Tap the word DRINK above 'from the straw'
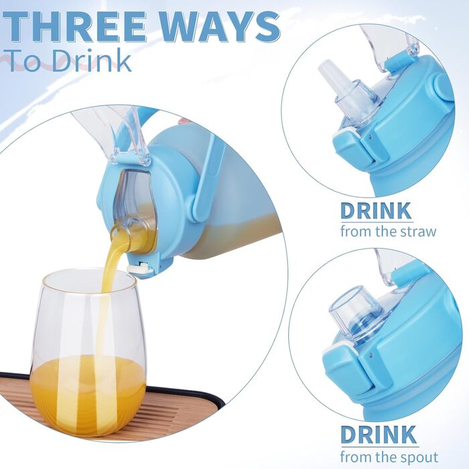coord(376,211)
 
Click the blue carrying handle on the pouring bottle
coord(206,180)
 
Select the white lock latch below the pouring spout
coord(138,267)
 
